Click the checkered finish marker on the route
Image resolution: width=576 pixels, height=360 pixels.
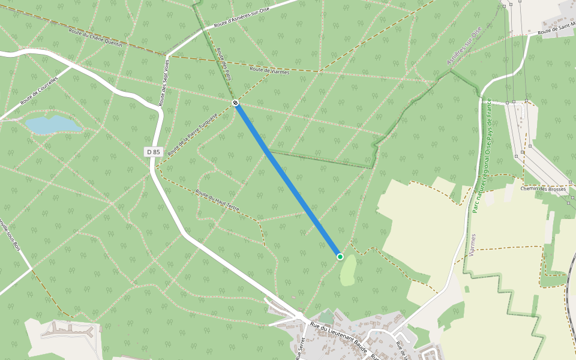click(x=236, y=103)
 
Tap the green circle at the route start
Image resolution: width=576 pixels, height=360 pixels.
click(x=340, y=257)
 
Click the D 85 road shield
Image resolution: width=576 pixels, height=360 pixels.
click(x=154, y=152)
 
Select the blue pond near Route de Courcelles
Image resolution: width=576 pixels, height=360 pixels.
click(x=52, y=125)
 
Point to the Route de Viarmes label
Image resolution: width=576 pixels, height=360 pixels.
click(x=269, y=71)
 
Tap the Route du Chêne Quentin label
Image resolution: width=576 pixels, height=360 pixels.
click(x=95, y=38)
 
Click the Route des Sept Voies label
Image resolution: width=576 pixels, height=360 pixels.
click(x=164, y=83)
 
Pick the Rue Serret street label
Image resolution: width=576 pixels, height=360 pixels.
click(x=301, y=347)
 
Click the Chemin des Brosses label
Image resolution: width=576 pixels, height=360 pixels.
click(x=543, y=188)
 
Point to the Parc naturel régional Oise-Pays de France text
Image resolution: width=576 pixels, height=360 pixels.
click(x=481, y=155)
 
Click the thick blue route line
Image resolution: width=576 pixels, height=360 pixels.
click(x=288, y=180)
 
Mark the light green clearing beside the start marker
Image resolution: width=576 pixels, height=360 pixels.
click(x=348, y=271)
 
